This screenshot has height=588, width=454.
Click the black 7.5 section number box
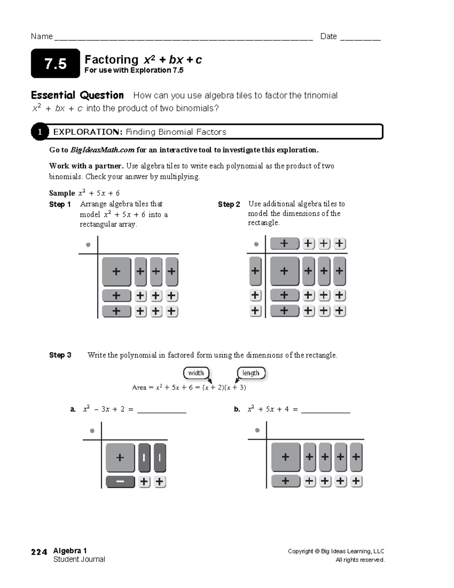(x=55, y=64)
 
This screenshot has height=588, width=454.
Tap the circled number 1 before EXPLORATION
(x=40, y=132)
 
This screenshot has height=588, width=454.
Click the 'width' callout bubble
(x=196, y=373)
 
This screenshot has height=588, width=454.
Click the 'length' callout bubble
(x=251, y=373)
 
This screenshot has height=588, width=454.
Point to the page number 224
(x=39, y=552)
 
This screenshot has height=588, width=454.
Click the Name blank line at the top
(x=183, y=38)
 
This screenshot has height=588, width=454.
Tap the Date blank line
(x=360, y=38)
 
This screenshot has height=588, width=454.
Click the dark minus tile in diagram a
(x=120, y=482)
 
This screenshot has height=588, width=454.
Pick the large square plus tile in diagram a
(x=120, y=457)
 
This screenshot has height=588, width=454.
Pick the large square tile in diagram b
(x=286, y=457)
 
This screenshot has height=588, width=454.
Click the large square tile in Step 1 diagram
(x=116, y=271)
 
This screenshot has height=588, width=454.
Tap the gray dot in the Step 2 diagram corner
(x=256, y=244)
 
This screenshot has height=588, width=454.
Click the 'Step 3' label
(x=60, y=355)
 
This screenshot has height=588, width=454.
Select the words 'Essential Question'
(x=77, y=95)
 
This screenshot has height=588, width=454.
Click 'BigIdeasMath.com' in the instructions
(x=103, y=150)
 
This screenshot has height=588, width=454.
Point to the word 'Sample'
(x=62, y=193)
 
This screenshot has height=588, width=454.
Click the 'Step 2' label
(x=229, y=204)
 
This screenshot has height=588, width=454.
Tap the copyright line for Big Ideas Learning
(x=336, y=551)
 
